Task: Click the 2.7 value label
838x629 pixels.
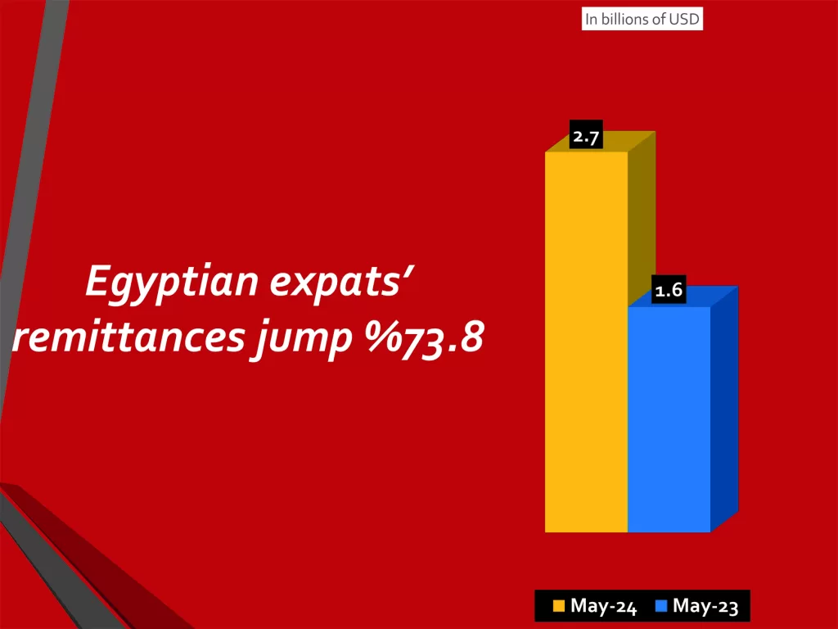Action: (x=586, y=137)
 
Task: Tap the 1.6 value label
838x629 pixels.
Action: (x=669, y=290)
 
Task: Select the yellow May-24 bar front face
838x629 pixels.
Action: (x=586, y=344)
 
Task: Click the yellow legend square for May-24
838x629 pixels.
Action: (x=559, y=607)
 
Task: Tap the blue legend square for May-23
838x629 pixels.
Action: (x=661, y=607)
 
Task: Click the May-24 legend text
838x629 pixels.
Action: (x=603, y=607)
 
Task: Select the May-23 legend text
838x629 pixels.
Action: (x=705, y=607)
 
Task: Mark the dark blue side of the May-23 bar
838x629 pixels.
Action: (x=724, y=410)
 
